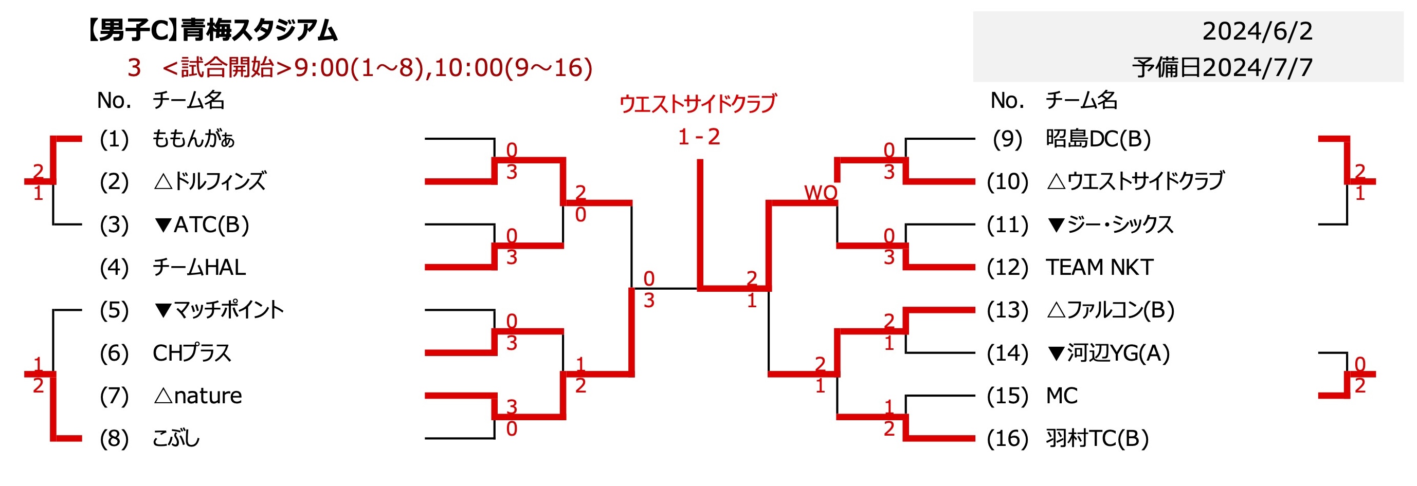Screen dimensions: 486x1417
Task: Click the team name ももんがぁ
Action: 193,139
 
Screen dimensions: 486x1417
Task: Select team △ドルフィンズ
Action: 210,181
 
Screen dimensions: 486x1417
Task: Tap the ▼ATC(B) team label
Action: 202,225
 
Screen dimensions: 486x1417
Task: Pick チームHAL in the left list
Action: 199,267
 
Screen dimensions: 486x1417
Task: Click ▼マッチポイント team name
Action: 219,310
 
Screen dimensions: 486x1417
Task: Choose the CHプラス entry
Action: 192,353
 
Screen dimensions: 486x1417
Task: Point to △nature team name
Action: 197,396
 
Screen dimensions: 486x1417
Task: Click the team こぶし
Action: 176,439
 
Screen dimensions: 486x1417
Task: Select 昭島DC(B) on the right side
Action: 1098,139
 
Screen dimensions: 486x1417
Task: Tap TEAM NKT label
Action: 1099,267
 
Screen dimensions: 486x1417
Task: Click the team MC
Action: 1061,396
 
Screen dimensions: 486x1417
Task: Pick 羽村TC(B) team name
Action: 1097,439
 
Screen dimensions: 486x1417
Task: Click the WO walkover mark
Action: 820,193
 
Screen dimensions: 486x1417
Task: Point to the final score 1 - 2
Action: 699,136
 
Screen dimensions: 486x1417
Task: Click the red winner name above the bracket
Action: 698,103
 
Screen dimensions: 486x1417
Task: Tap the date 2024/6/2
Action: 1257,31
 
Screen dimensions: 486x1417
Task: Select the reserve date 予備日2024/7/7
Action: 1222,68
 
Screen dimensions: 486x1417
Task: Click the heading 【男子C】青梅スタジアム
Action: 211,30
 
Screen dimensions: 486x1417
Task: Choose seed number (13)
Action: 1007,310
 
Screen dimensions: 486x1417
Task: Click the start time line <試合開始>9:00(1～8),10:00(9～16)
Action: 377,68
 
